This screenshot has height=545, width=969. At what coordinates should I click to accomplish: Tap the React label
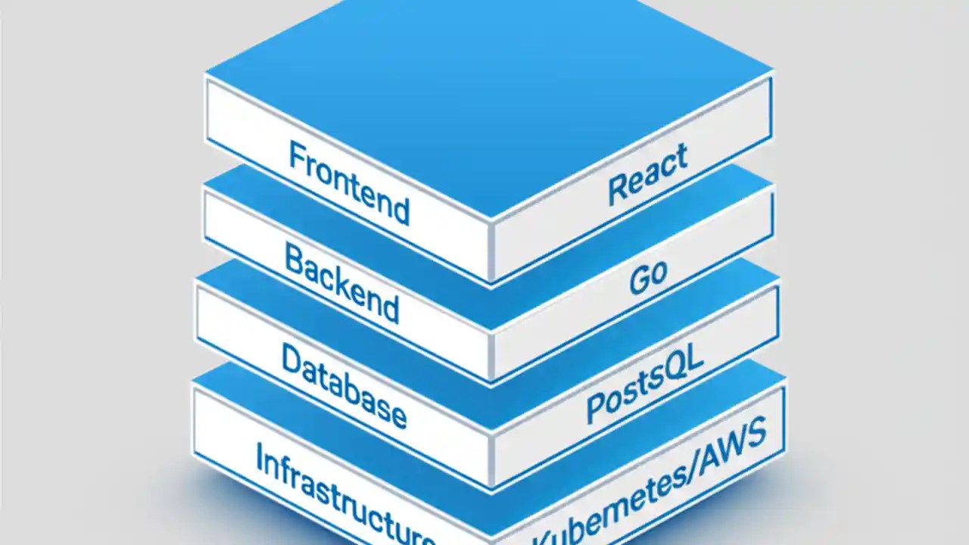(648, 174)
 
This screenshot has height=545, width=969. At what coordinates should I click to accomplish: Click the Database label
(343, 385)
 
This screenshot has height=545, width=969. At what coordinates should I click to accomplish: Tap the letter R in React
(618, 190)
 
